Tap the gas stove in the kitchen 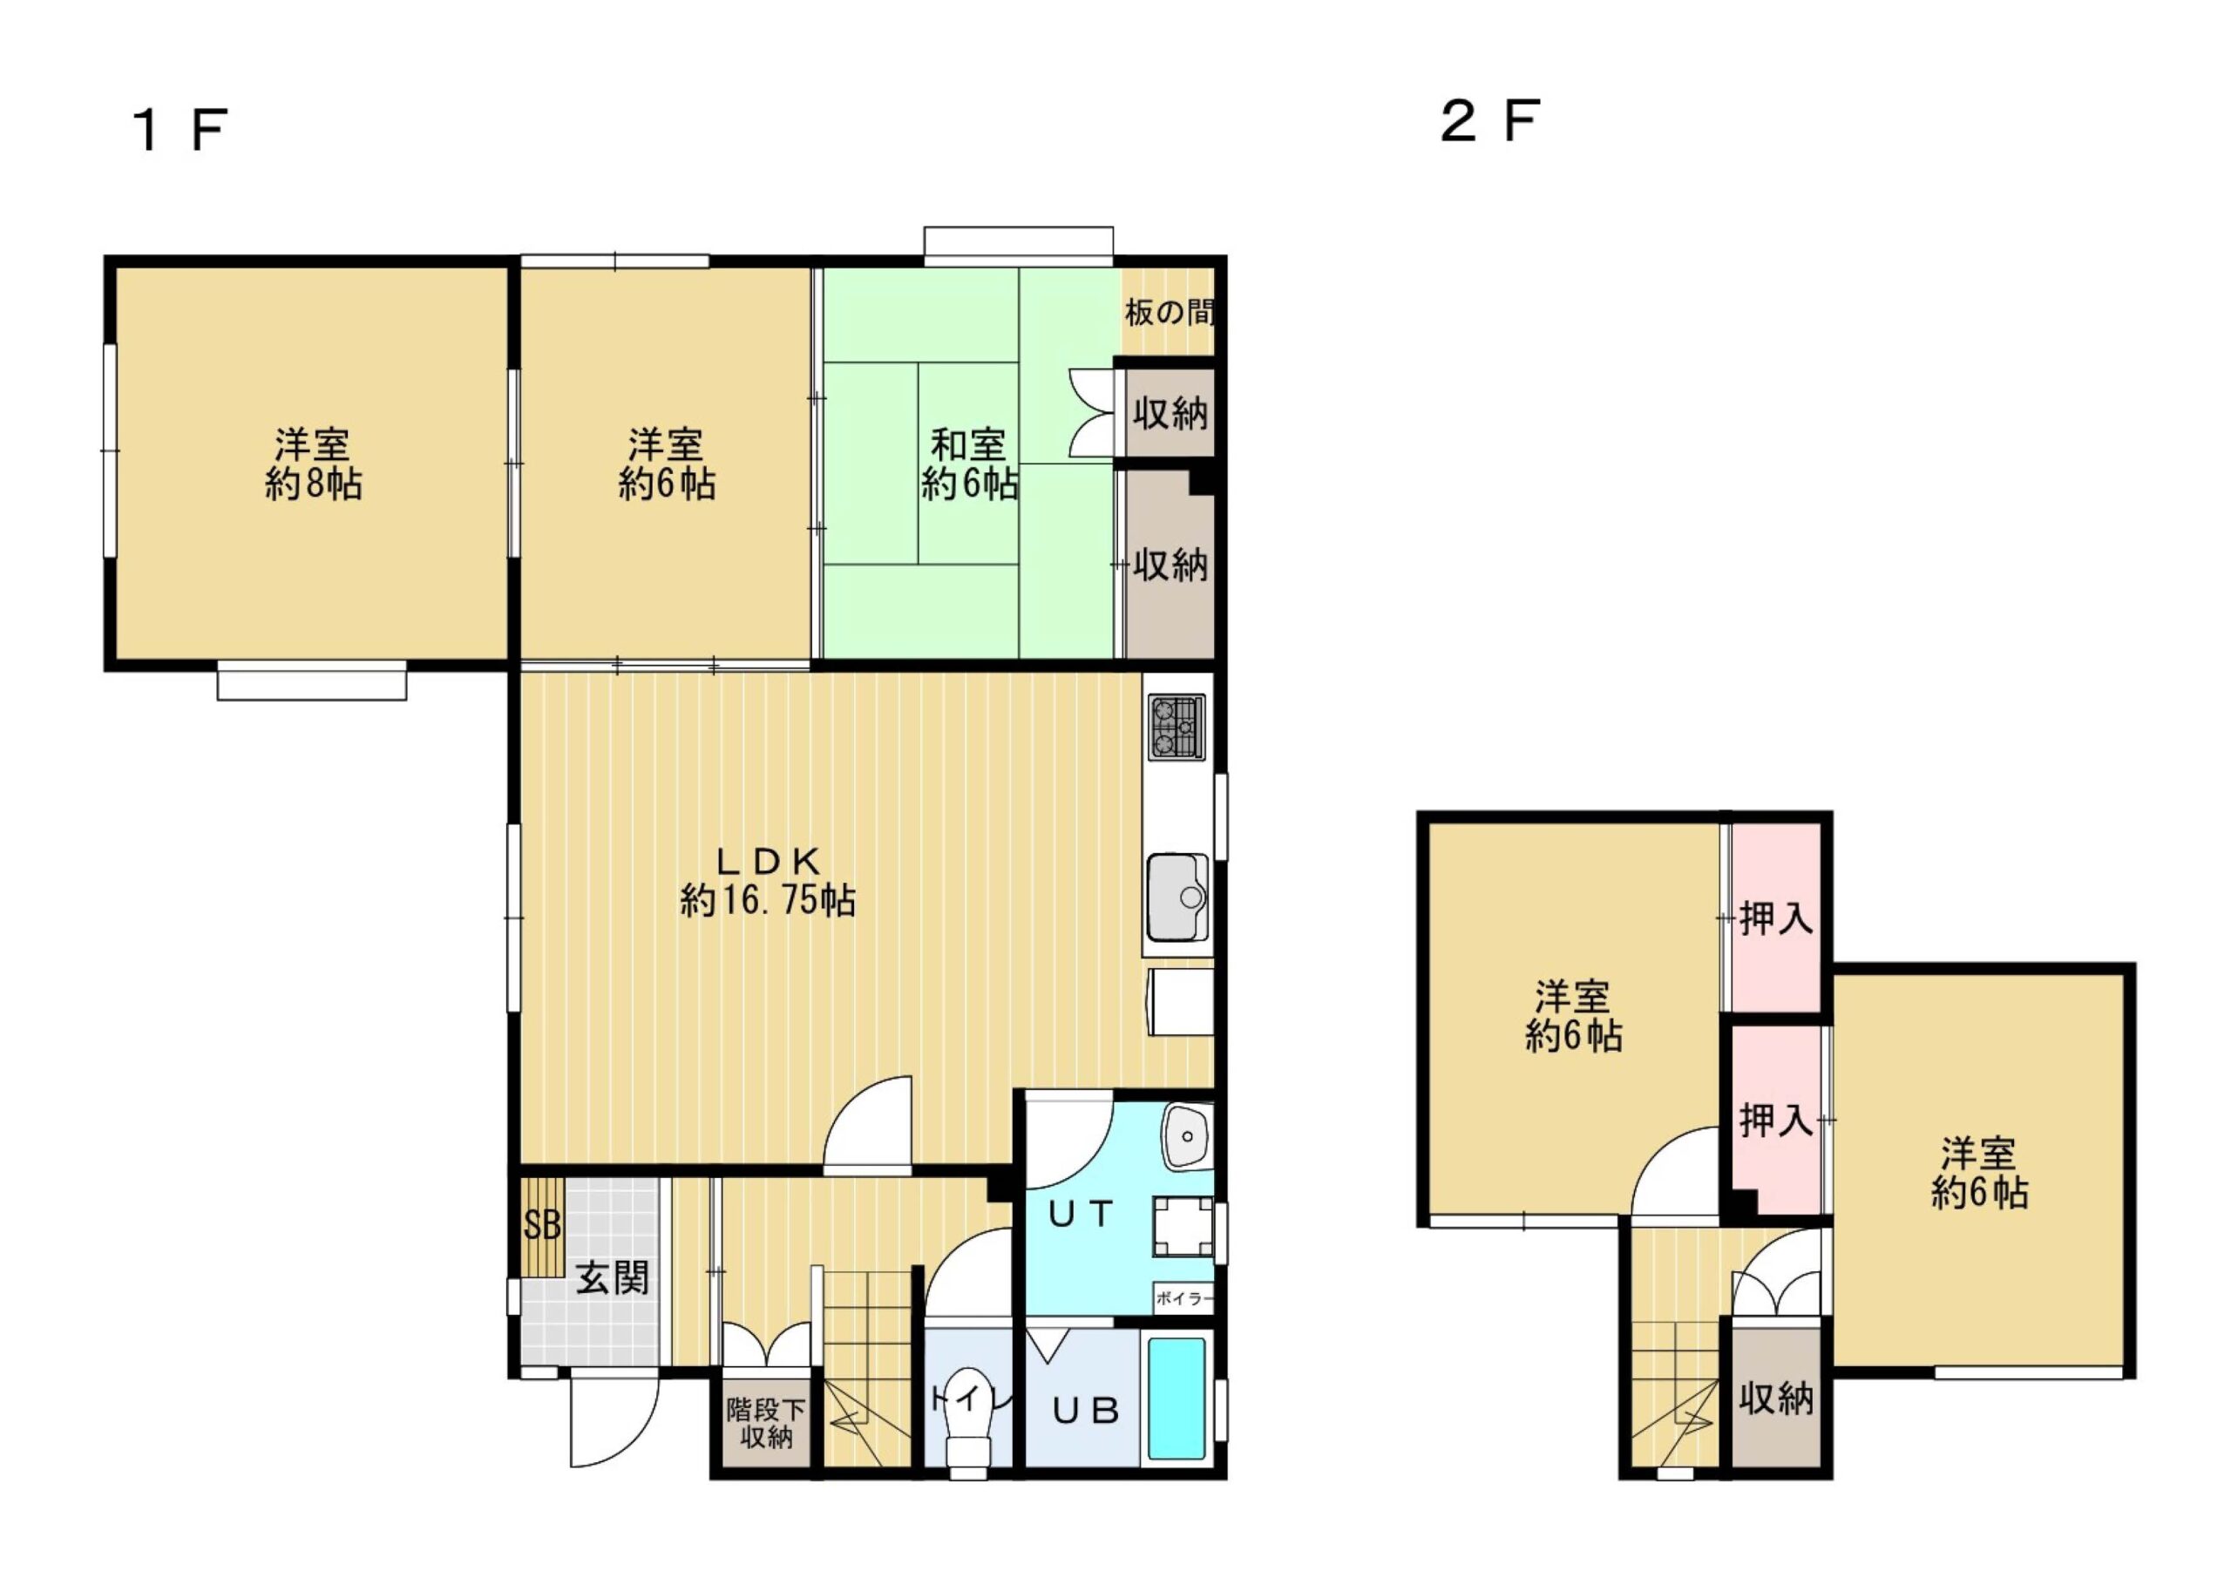pos(1177,727)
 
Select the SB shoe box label pos(542,1225)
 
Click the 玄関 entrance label pos(612,1277)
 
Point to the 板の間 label pos(1169,312)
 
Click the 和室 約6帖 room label pos(969,464)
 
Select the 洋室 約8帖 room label pos(313,464)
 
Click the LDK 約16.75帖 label pos(768,881)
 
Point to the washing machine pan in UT pos(1183,1226)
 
